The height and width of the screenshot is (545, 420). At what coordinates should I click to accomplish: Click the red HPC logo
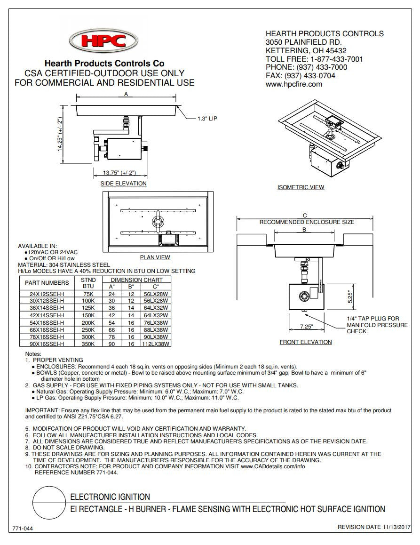[104, 40]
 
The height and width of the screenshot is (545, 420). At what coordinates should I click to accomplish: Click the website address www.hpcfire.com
[294, 84]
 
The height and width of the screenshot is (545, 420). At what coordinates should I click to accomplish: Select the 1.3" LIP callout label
[207, 119]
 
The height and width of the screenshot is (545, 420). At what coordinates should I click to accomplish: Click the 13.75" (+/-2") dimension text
[119, 172]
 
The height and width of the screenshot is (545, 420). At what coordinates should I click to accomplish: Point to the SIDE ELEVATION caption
[124, 184]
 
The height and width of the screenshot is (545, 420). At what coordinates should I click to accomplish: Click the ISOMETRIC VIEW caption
[301, 187]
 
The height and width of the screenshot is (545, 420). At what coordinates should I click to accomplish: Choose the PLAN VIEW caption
[155, 257]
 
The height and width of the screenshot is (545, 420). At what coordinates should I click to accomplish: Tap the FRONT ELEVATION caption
[306, 342]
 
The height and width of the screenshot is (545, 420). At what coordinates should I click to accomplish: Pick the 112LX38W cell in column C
[156, 344]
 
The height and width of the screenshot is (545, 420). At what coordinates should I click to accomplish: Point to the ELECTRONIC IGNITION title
[110, 497]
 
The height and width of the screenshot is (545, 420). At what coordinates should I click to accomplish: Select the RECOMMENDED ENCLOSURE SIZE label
[307, 222]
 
